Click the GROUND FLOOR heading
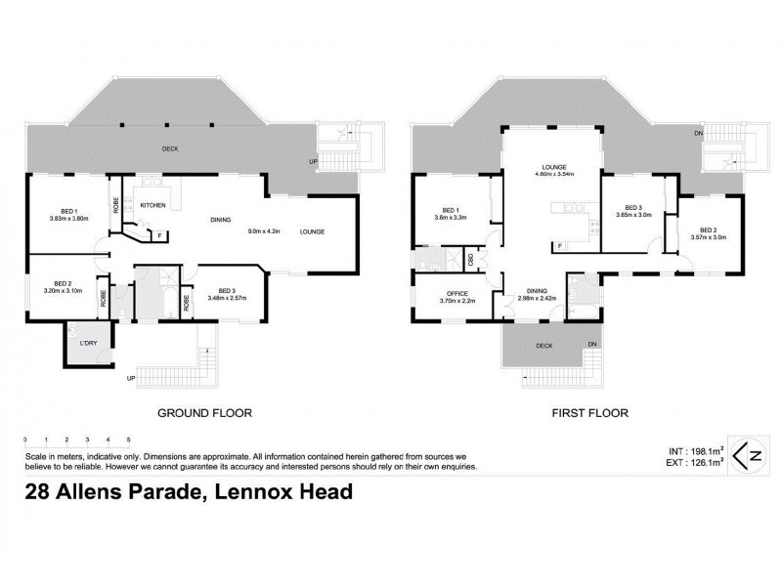(204, 413)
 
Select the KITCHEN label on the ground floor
(152, 205)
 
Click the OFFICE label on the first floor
(456, 293)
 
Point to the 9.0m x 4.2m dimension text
(264, 231)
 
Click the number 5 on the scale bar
(128, 439)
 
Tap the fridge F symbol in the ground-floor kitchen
(157, 234)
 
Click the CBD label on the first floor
(471, 259)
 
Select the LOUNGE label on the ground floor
(312, 231)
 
